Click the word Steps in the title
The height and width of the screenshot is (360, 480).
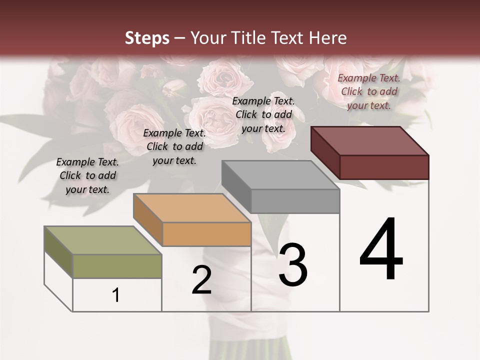click(147, 38)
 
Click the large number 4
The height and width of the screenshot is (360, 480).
click(381, 249)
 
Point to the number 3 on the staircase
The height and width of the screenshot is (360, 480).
click(293, 265)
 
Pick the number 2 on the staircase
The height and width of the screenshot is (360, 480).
click(201, 280)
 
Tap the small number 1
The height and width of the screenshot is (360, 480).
click(116, 295)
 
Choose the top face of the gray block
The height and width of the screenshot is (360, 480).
click(280, 175)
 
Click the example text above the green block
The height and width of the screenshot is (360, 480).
click(87, 176)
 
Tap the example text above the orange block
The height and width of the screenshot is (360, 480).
click(174, 146)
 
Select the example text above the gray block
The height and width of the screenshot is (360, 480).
click(263, 114)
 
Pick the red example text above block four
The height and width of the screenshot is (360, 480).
click(369, 91)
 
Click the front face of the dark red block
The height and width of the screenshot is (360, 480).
click(384, 167)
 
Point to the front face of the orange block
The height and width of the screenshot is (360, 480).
click(206, 234)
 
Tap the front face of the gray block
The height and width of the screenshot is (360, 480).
click(295, 201)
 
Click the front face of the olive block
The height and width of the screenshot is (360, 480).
click(117, 266)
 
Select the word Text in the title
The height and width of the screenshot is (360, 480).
click(292, 38)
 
